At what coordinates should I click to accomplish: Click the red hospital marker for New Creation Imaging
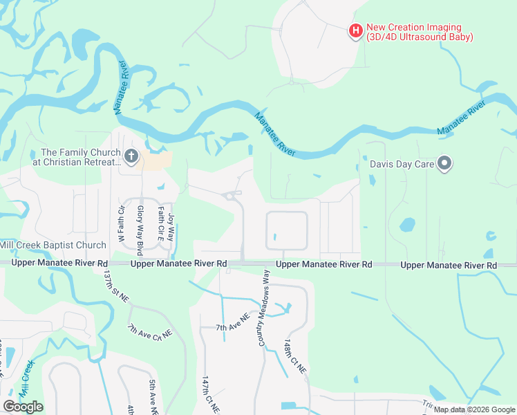(x=355, y=30)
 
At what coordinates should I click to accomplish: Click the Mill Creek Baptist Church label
(x=53, y=245)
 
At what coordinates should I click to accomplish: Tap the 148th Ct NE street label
(x=295, y=357)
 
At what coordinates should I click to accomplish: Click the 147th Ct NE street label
(x=206, y=395)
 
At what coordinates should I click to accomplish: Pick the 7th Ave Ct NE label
(x=149, y=332)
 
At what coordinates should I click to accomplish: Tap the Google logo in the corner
(x=23, y=406)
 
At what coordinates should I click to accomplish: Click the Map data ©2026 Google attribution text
(x=473, y=409)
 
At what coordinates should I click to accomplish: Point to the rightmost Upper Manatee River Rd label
(x=449, y=265)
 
